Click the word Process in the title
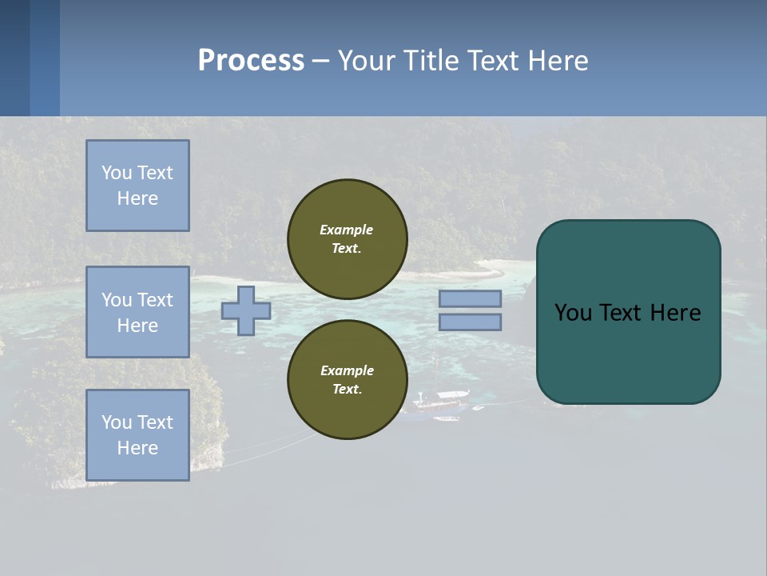tap(251, 61)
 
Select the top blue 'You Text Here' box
tap(137, 186)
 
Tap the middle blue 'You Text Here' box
tap(137, 312)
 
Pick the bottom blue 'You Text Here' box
tap(137, 435)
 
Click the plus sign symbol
tap(246, 310)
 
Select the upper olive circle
tap(347, 239)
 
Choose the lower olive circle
tap(347, 380)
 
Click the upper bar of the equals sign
tap(470, 298)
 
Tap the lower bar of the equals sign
tap(470, 322)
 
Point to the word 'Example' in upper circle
tap(346, 230)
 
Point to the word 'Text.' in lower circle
tap(347, 390)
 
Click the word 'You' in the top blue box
tap(116, 173)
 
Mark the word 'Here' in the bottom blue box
tap(137, 448)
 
